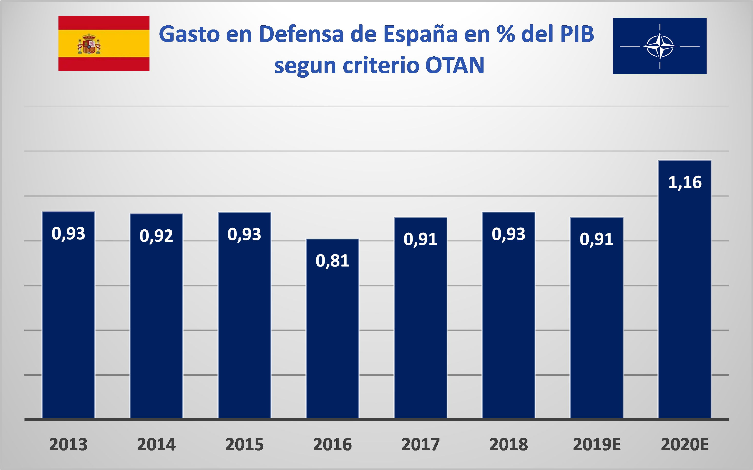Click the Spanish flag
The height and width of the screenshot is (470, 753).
[104, 43]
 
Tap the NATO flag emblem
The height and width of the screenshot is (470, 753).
[660, 46]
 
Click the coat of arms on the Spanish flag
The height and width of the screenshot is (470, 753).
[89, 44]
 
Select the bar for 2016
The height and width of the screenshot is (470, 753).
[332, 329]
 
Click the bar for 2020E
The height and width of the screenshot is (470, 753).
[685, 289]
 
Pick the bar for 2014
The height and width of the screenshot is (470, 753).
[156, 316]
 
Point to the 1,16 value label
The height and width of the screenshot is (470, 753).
[685, 182]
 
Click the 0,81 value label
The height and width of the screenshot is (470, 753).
[332, 261]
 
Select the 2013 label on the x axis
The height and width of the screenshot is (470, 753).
[68, 445]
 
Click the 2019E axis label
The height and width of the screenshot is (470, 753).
[597, 445]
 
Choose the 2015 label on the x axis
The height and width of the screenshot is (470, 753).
[244, 445]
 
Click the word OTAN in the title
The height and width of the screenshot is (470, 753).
[455, 65]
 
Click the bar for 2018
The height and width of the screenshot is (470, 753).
[509, 315]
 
